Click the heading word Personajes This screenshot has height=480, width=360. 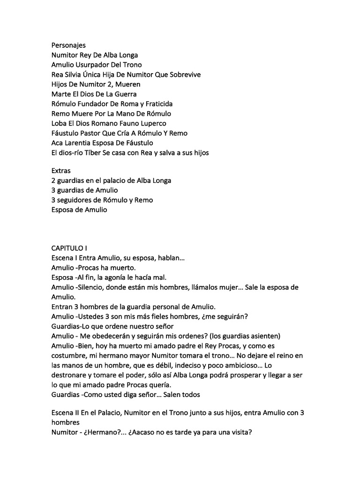coord(68,45)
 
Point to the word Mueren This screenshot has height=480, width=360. coord(127,84)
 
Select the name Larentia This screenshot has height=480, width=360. coord(84,143)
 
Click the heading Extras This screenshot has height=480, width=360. coord(61,171)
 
